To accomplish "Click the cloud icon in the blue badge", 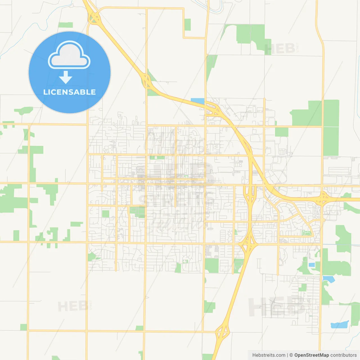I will [x=69, y=55].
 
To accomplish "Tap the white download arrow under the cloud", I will [x=66, y=77].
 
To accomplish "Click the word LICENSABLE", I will [x=69, y=92].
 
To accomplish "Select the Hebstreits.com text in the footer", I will [x=269, y=355].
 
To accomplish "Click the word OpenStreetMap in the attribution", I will [x=311, y=355].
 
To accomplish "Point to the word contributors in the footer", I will [x=343, y=355].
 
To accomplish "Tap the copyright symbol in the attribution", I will [x=291, y=355].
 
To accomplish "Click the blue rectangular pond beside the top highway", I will [x=197, y=101].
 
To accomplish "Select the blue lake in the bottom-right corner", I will [x=339, y=325].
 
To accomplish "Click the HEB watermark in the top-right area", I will [x=280, y=49].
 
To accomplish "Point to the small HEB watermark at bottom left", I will [x=72, y=306].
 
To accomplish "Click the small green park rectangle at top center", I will [x=188, y=24].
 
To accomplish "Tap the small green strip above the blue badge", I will [x=66, y=25].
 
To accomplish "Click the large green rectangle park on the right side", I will [x=331, y=128].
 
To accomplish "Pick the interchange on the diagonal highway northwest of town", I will [x=147, y=80].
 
